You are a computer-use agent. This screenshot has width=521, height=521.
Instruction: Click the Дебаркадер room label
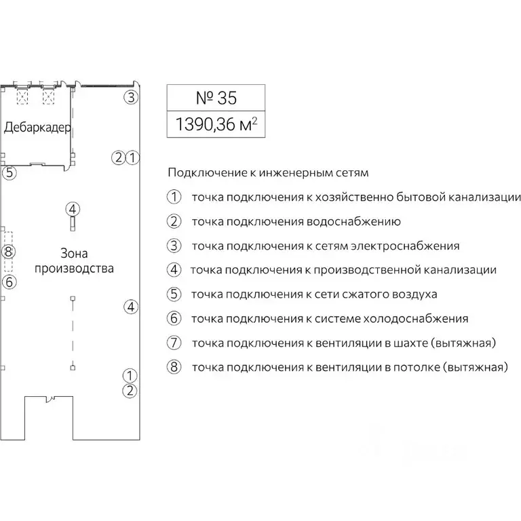38,128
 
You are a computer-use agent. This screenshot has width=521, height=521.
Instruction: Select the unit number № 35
216,98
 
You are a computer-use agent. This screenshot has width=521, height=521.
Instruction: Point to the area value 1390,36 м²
216,125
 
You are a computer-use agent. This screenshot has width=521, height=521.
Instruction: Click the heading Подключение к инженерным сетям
268,172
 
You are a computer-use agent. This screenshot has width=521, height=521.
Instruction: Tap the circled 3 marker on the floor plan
131,97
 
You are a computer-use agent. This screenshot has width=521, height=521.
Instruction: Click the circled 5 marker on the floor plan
8,173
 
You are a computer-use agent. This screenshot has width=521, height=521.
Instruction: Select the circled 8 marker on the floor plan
8,252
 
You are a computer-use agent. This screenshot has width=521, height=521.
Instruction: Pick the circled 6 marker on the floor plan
8,281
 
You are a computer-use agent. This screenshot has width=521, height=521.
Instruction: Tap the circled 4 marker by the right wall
131,307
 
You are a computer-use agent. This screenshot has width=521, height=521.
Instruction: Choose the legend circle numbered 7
174,343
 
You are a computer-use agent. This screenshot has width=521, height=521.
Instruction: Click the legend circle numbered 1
174,197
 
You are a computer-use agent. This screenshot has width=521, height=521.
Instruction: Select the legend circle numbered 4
174,270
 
